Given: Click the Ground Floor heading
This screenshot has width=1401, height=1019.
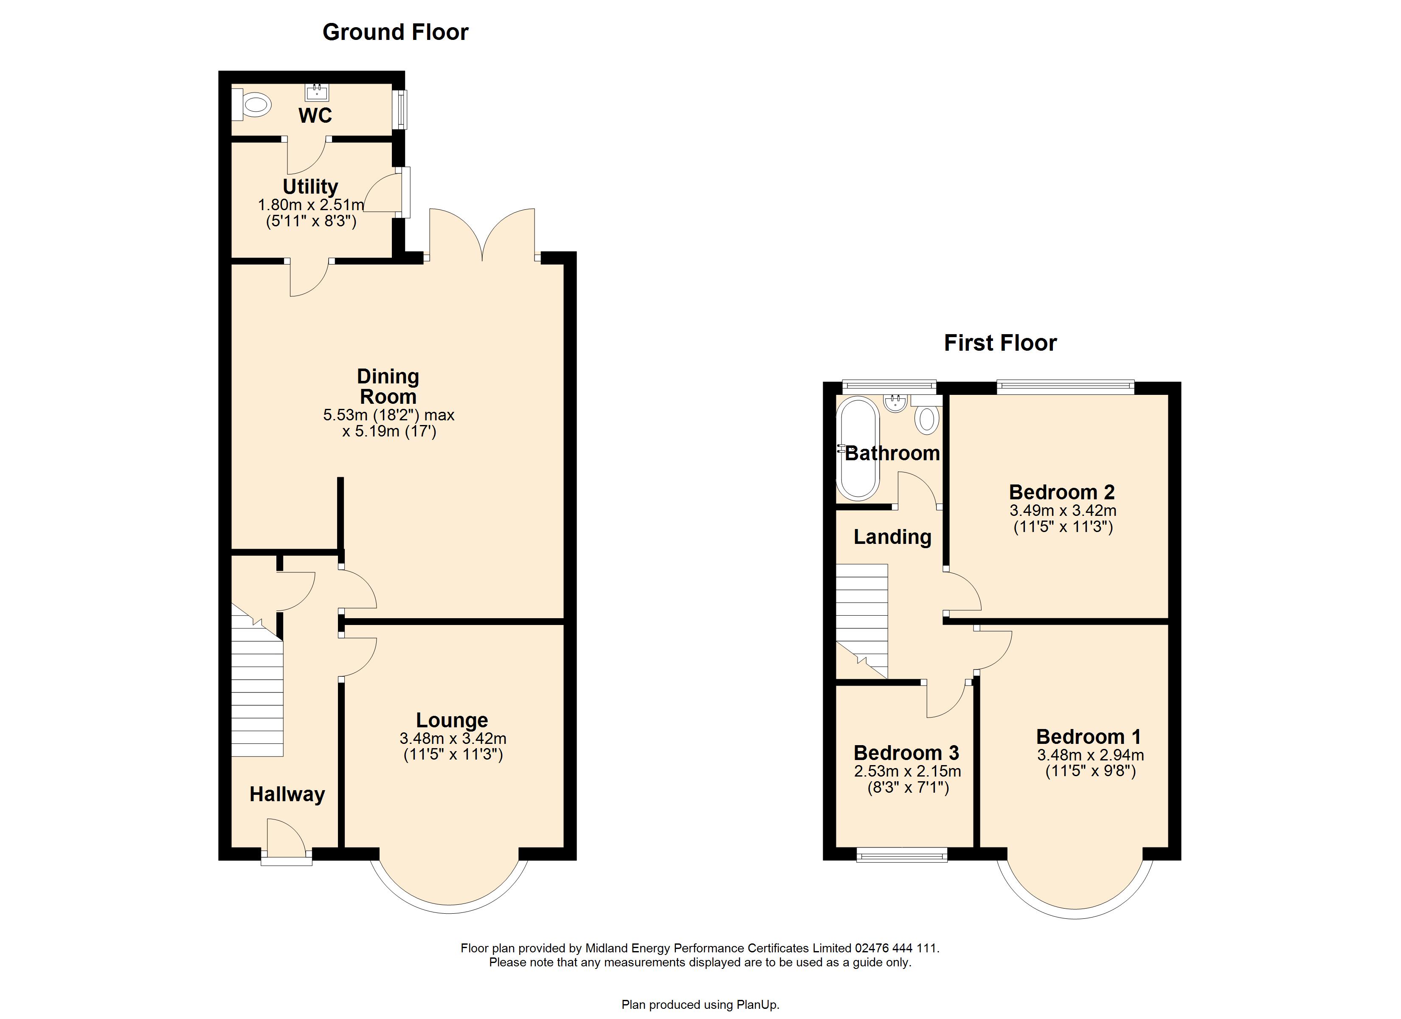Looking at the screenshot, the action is [x=395, y=32].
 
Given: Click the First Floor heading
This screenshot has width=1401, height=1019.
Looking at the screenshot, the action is [x=1000, y=343].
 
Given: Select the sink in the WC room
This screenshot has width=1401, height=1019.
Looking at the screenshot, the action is [x=317, y=93].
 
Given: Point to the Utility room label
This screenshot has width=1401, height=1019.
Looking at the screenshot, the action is [x=310, y=187].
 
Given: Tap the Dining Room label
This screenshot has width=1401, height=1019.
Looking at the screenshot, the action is [x=388, y=386].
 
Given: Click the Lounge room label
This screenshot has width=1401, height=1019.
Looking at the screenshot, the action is [x=452, y=720].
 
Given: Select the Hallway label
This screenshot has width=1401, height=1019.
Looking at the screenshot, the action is [x=287, y=795].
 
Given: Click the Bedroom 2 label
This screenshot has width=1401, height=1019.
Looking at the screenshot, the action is [x=1062, y=493].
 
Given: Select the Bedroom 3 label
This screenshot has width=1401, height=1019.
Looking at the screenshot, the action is [x=906, y=753].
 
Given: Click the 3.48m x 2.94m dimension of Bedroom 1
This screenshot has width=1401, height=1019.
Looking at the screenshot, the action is [x=1090, y=755].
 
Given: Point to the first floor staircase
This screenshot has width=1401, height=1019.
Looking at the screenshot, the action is [x=862, y=621].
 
